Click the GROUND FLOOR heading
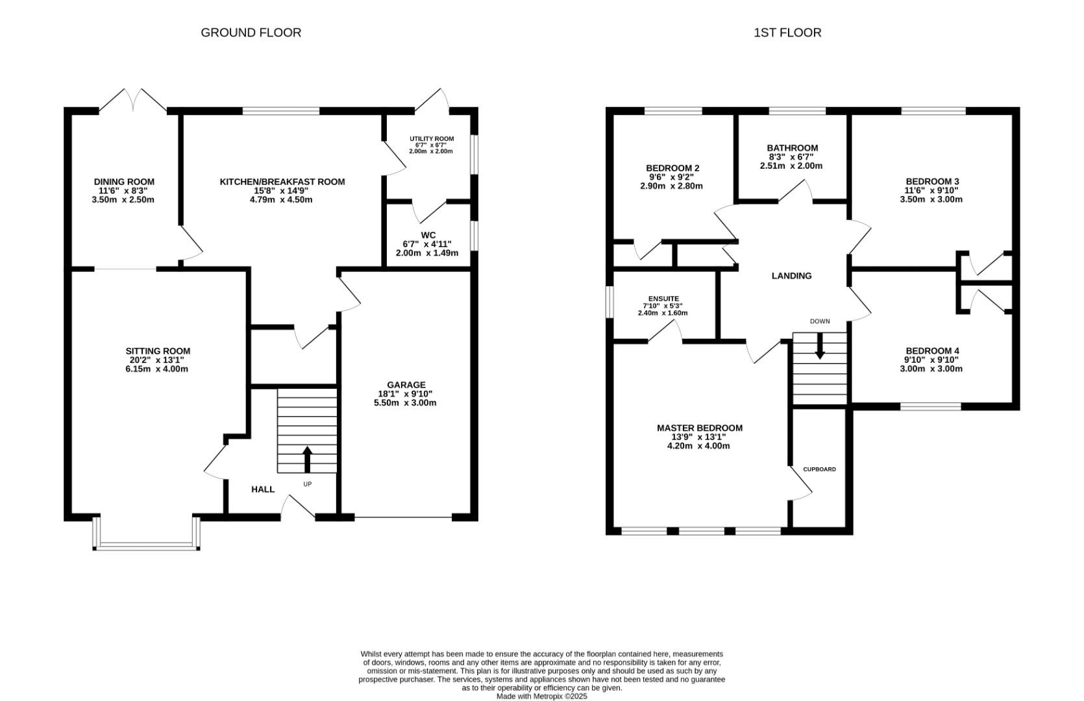[251, 32]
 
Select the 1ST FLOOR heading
[787, 32]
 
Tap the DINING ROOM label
[124, 182]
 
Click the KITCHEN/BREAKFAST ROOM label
[282, 182]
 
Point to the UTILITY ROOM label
[431, 139]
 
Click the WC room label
[428, 235]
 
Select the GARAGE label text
[406, 385]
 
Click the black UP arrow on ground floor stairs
[307, 458]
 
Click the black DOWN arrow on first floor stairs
[820, 346]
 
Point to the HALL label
[262, 489]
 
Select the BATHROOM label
[792, 148]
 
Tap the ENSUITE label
[663, 299]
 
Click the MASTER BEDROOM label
[699, 428]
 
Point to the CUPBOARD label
[819, 469]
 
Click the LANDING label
[791, 276]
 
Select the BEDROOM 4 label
[931, 351]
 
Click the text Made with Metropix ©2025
[541, 696]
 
